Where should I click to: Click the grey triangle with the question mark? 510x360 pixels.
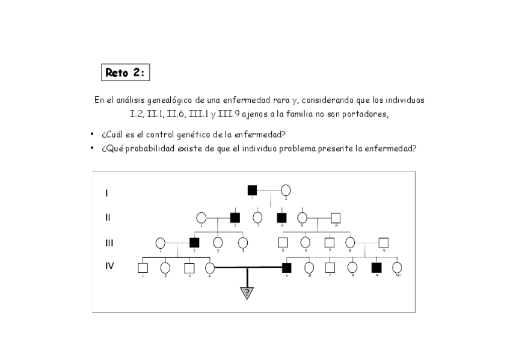pyautogui.click(x=247, y=293)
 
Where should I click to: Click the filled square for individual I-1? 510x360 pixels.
pyautogui.click(x=252, y=191)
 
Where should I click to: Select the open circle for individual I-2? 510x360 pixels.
pyautogui.click(x=286, y=191)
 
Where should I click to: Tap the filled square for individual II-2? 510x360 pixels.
pyautogui.click(x=235, y=218)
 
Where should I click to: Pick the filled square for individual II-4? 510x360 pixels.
pyautogui.click(x=281, y=218)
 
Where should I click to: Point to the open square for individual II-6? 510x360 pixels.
pyautogui.click(x=336, y=218)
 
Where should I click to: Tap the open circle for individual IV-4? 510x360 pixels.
pyautogui.click(x=210, y=267)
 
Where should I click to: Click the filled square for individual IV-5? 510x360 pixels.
pyautogui.click(x=287, y=267)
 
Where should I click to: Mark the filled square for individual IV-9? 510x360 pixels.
pyautogui.click(x=376, y=267)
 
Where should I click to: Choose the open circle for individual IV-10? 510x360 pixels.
pyautogui.click(x=397, y=267)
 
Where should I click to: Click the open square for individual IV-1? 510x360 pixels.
pyautogui.click(x=143, y=267)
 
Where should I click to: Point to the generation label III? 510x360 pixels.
pyautogui.click(x=109, y=243)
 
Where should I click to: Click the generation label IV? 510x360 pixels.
pyautogui.click(x=109, y=266)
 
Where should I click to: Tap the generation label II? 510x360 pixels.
pyautogui.click(x=108, y=218)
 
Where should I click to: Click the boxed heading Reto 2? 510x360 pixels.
pyautogui.click(x=125, y=73)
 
